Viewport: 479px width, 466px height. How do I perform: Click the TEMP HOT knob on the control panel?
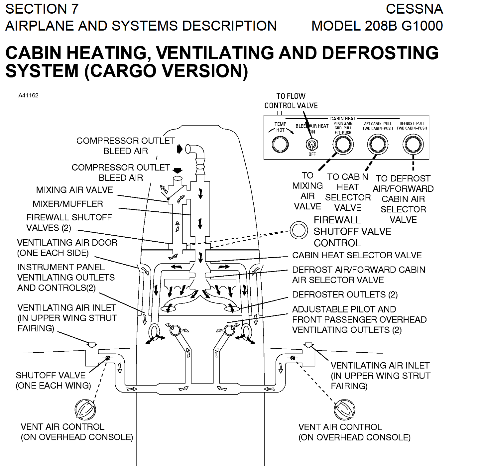[280, 144]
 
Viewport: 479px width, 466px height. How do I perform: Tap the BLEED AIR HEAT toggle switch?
[312, 145]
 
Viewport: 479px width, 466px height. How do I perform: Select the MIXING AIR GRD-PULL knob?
[343, 144]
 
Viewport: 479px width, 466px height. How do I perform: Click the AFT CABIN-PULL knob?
[378, 144]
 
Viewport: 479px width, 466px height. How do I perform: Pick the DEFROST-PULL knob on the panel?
[413, 144]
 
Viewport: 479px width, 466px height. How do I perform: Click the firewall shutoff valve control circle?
[299, 230]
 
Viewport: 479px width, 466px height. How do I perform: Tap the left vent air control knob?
[85, 409]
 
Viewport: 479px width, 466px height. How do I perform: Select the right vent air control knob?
[344, 409]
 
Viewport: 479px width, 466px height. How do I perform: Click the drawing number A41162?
[28, 95]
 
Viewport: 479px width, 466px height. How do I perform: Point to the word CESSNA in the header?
[414, 9]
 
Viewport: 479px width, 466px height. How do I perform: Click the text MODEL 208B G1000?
[377, 26]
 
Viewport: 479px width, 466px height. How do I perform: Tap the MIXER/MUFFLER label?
[68, 204]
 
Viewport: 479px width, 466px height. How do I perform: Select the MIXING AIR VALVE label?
[74, 190]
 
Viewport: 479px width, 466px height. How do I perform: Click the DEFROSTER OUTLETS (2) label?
[345, 294]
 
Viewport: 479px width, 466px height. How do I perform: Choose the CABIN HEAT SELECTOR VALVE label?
[357, 255]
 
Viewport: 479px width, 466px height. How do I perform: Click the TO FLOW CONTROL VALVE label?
[291, 101]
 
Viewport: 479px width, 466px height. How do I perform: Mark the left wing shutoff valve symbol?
[108, 358]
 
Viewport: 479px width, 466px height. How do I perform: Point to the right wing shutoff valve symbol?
[293, 358]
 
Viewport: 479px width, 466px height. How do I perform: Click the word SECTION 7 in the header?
[42, 9]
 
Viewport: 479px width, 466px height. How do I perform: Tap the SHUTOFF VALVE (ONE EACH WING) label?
[53, 380]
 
